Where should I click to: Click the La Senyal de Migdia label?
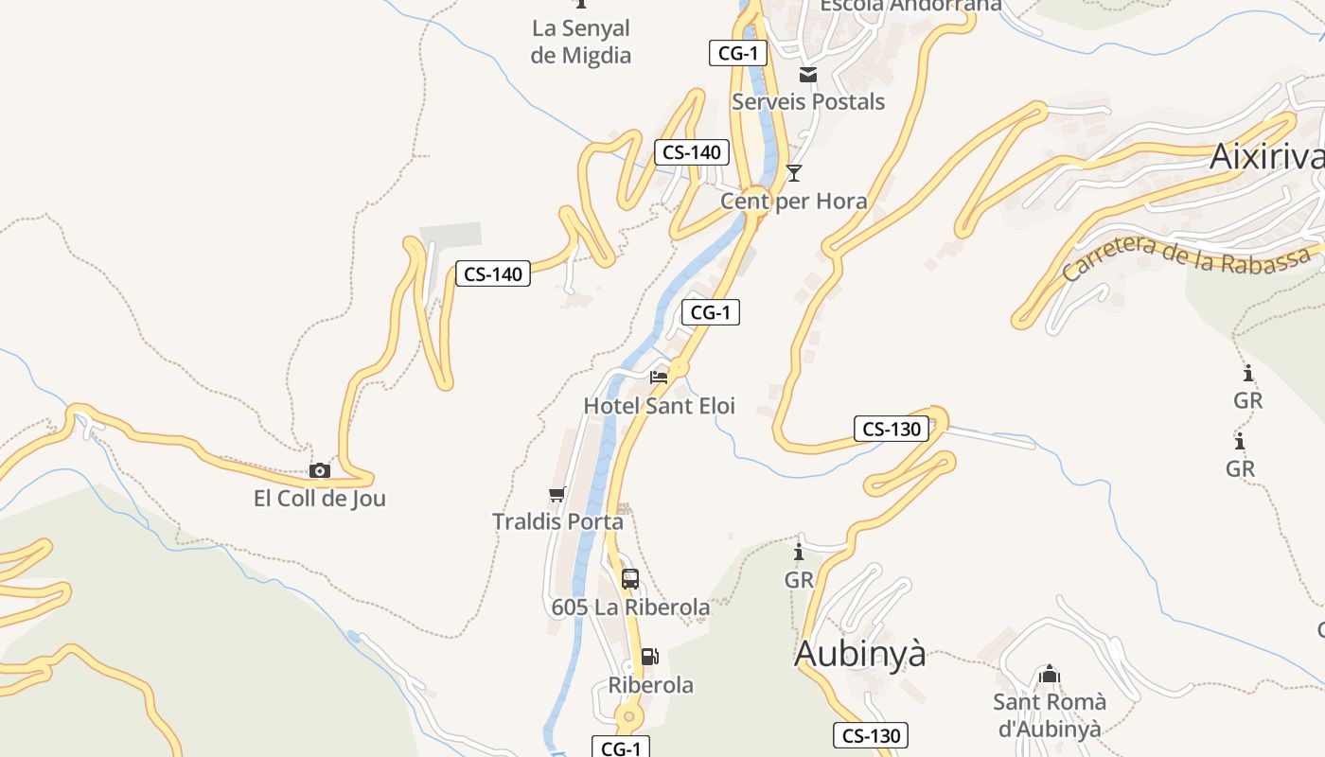(580, 42)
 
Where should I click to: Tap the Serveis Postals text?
(808, 101)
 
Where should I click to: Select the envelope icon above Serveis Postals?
(808, 75)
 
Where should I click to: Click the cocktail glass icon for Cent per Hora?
(794, 172)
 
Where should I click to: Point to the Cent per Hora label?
(793, 201)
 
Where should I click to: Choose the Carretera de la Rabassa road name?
(1188, 257)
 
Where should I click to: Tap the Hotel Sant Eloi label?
(659, 406)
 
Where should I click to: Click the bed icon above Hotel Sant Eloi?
(659, 377)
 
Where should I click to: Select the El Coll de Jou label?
(320, 498)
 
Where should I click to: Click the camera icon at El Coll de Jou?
(320, 470)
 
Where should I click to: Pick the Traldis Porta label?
(557, 521)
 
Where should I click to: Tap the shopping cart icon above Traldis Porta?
(557, 494)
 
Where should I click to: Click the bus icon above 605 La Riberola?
(630, 579)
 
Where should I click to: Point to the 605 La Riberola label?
(630, 607)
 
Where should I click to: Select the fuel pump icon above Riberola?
(650, 657)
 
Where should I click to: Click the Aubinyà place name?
(859, 654)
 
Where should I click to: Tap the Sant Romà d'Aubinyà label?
(1049, 715)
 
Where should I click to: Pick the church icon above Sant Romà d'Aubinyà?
(1049, 675)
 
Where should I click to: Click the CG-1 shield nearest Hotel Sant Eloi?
(711, 312)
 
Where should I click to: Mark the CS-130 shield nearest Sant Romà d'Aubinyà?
(871, 735)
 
